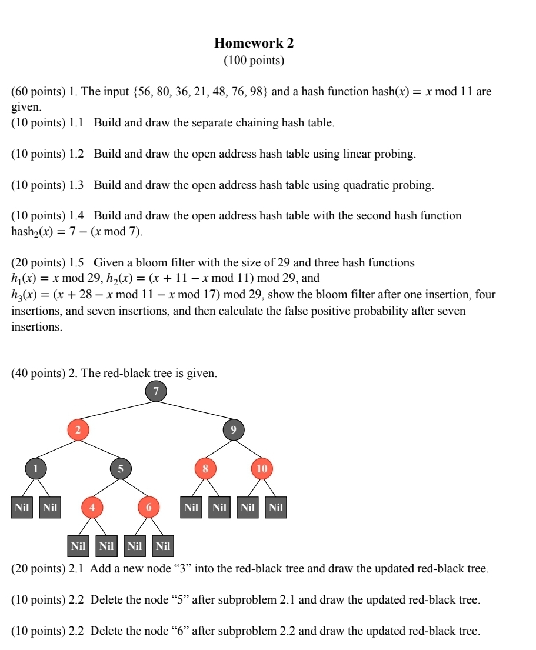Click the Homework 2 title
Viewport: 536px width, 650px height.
click(254, 43)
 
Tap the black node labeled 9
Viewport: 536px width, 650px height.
click(234, 431)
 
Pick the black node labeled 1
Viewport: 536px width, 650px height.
click(35, 469)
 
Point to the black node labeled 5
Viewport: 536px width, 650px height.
click(121, 469)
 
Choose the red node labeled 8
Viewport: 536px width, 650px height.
click(205, 469)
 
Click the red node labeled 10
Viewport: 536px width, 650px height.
click(262, 469)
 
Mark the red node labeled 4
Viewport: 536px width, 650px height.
click(92, 507)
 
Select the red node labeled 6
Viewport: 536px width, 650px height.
click(149, 507)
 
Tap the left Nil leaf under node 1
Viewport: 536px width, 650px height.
click(22, 508)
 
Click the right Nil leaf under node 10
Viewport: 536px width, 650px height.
click(276, 508)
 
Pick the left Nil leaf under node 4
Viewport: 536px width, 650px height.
click(78, 546)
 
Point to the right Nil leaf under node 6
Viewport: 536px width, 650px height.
click(163, 546)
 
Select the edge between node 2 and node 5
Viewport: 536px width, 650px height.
click(99, 450)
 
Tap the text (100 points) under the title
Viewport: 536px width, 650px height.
click(254, 61)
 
